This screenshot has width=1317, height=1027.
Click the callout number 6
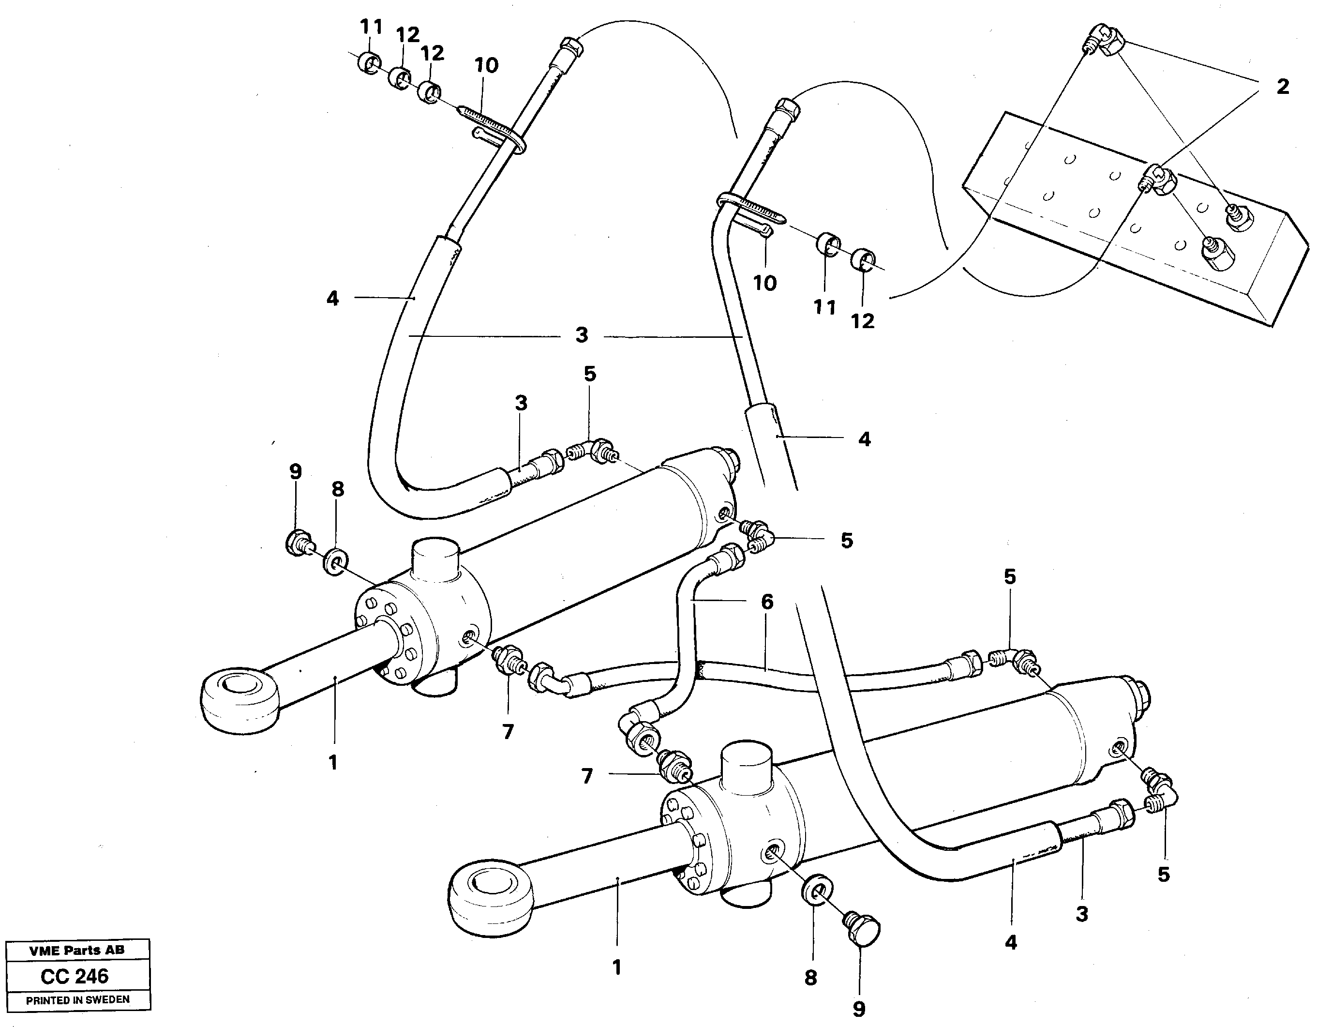[766, 602]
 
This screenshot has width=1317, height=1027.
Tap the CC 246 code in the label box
[75, 976]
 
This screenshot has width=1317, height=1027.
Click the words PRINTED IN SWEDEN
[77, 1000]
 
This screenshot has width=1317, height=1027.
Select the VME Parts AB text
[77, 951]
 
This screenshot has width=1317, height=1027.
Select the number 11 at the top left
[372, 27]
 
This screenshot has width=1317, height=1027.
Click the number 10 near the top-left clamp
[487, 65]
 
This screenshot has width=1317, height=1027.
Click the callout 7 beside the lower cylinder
[587, 777]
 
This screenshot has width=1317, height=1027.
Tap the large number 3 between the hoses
[581, 335]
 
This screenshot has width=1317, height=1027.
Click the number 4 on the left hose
[333, 299]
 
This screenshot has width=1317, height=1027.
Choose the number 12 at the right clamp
[862, 321]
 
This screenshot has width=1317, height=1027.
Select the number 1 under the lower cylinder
[616, 968]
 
